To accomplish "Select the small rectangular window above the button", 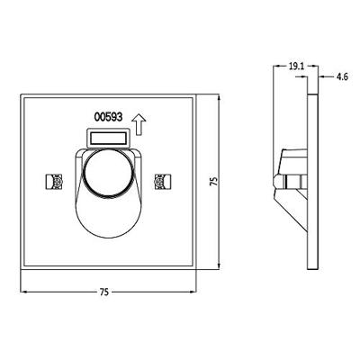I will click(108, 137).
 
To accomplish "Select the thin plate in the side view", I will click(311, 180).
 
